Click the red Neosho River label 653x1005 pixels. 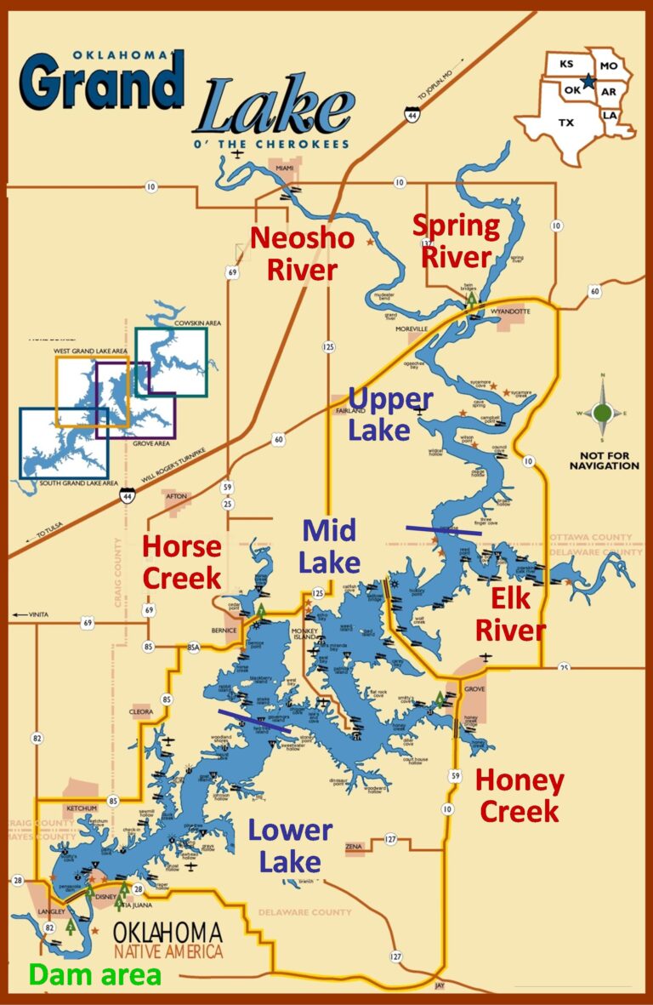pyautogui.click(x=302, y=254)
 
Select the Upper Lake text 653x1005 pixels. pyautogui.click(x=390, y=414)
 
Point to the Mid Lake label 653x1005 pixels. pyautogui.click(x=331, y=545)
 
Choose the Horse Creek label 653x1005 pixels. pyautogui.click(x=181, y=562)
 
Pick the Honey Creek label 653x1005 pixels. pyautogui.click(x=519, y=795)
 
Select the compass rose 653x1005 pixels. pyautogui.click(x=602, y=413)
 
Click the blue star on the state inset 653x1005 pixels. pyautogui.click(x=588, y=83)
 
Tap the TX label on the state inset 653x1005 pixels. pyautogui.click(x=565, y=122)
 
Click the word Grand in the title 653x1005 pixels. pyautogui.click(x=102, y=83)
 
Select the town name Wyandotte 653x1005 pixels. pyautogui.click(x=510, y=312)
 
